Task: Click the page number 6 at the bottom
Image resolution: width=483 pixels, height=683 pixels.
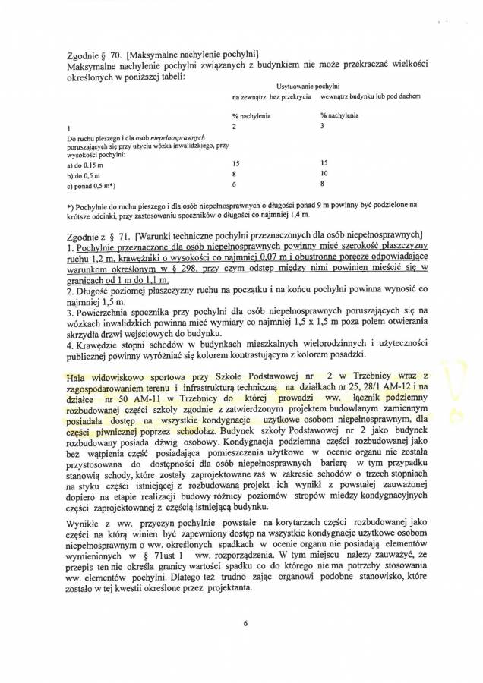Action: tap(246, 624)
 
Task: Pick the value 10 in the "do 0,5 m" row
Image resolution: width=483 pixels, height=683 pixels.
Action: tap(325, 173)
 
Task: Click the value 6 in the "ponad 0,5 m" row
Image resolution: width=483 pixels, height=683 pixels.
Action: tap(235, 184)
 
